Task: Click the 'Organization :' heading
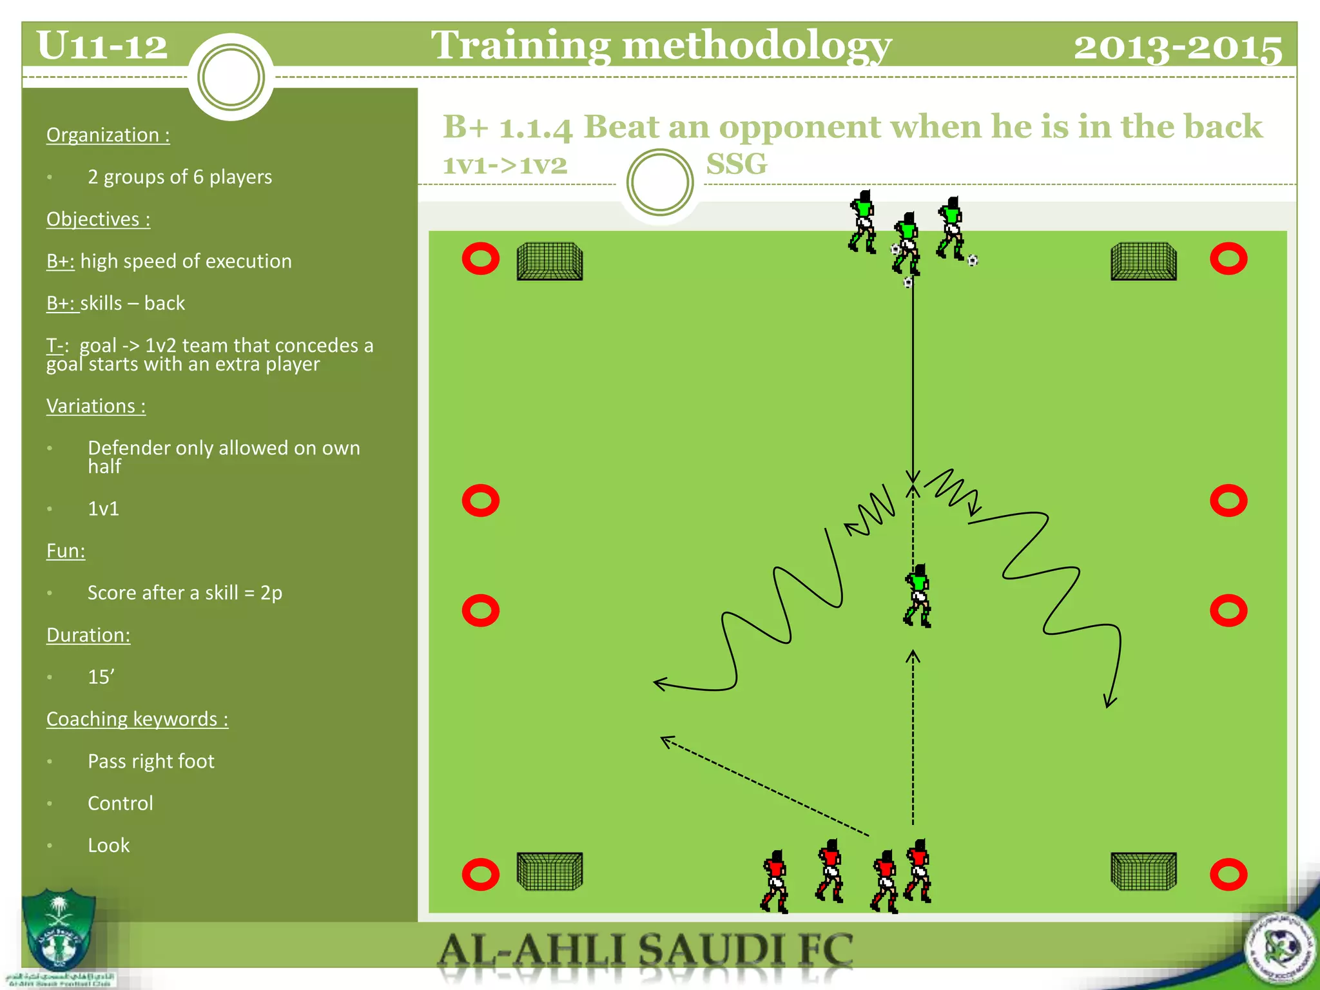pos(108,135)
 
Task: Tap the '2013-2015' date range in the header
pos(1178,48)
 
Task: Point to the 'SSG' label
pos(737,164)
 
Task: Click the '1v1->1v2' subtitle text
pos(505,165)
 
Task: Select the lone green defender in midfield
pos(917,596)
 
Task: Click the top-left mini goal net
pos(550,261)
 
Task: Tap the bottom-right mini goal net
pos(1143,871)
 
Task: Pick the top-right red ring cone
pos(1228,259)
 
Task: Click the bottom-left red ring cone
pos(481,874)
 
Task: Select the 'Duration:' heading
pos(88,635)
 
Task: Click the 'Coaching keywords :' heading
pos(137,719)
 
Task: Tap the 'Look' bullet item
pos(108,845)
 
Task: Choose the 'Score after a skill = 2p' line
pos(185,592)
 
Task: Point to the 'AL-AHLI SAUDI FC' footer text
pos(645,951)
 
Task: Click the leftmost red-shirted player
pos(775,881)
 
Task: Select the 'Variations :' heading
pos(96,406)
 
